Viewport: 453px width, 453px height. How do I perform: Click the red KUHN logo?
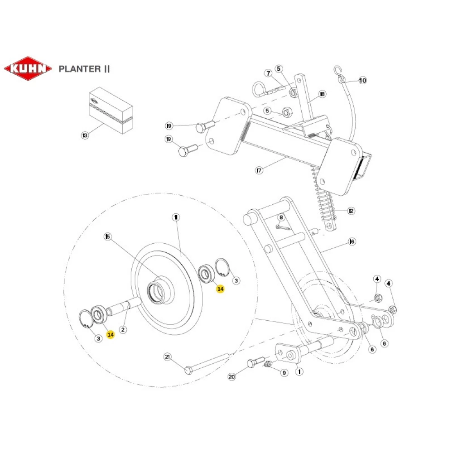click(28, 69)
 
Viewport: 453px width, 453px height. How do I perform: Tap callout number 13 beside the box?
click(85, 135)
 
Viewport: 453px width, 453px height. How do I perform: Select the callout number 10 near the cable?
click(362, 81)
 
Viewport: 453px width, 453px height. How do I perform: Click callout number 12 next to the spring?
click(351, 211)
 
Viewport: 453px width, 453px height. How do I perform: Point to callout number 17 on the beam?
click(259, 171)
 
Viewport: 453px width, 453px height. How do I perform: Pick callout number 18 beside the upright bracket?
click(322, 94)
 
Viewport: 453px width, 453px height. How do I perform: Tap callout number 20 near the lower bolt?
click(232, 376)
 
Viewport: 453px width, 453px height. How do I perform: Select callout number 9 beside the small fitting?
click(284, 373)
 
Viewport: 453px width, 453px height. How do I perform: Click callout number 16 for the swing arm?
click(352, 241)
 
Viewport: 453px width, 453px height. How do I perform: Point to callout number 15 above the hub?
click(107, 236)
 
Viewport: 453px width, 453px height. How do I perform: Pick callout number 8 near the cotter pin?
click(281, 217)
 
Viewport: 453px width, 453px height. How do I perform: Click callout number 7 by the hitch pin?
click(268, 72)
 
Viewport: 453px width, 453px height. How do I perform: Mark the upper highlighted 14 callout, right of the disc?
click(220, 289)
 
